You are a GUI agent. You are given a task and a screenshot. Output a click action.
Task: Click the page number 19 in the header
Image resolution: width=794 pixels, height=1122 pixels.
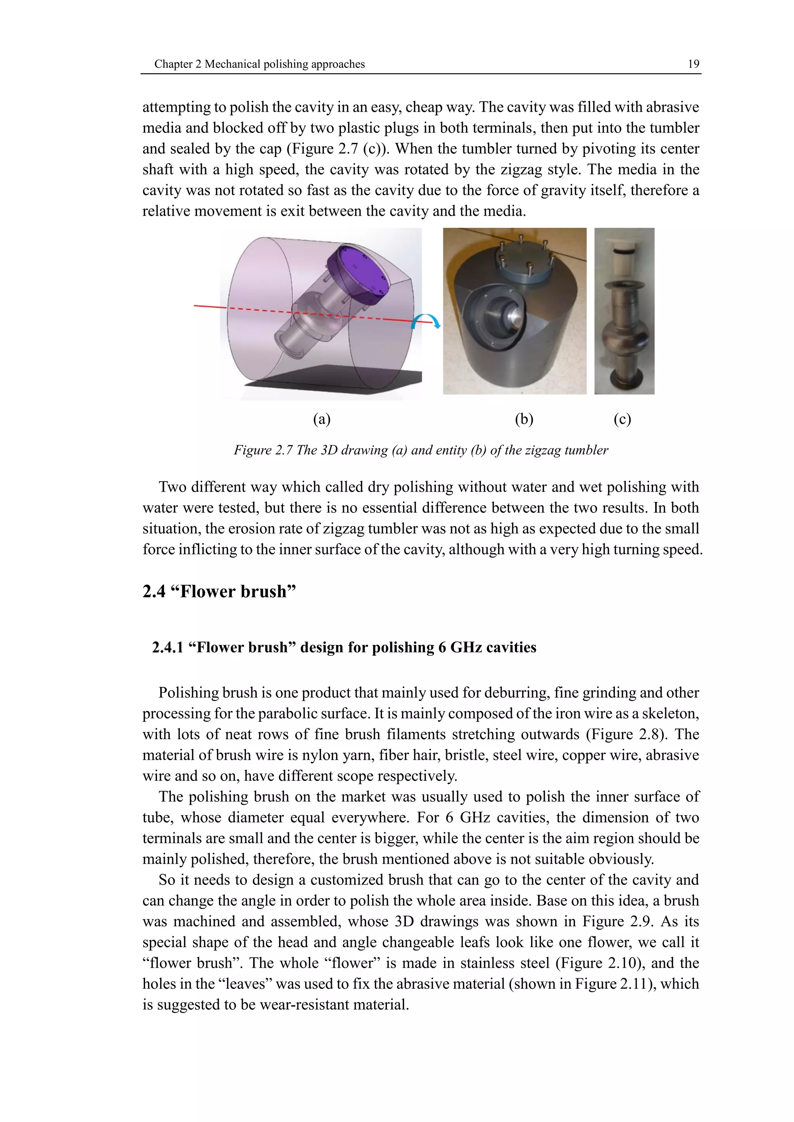point(693,64)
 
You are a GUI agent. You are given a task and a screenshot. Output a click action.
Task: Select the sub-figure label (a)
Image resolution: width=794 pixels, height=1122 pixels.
point(322,419)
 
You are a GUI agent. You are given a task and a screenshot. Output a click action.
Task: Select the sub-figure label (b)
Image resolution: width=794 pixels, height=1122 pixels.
point(524,419)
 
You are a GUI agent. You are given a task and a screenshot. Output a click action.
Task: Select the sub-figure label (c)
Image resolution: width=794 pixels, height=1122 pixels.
point(622,419)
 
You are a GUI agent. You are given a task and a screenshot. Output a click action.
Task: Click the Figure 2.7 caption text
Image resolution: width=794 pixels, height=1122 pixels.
point(421,450)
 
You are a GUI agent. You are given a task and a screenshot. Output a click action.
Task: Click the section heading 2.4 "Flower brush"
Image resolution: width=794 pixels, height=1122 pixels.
point(219,591)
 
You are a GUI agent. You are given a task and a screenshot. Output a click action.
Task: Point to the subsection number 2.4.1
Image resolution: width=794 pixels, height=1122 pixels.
point(167,647)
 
